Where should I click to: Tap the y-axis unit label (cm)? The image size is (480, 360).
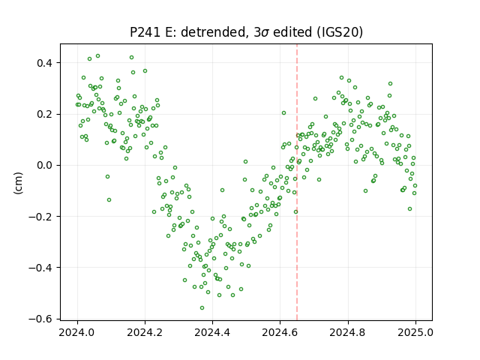(x=18, y=183)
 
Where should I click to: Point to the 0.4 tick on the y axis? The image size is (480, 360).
(x=45, y=63)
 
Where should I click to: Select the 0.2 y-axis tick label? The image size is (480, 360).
(x=45, y=114)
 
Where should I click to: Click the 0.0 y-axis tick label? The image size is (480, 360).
(x=45, y=165)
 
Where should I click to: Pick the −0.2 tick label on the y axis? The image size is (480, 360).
(x=41, y=217)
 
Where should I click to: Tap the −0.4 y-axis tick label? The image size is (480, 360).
(x=41, y=268)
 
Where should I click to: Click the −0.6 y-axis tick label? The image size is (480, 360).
(x=41, y=319)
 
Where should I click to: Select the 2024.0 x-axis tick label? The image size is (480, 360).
(x=77, y=332)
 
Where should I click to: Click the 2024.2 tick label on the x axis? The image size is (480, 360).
(x=145, y=332)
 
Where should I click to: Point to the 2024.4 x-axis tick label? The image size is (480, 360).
(x=212, y=332)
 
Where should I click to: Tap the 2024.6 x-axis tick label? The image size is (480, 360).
(x=280, y=332)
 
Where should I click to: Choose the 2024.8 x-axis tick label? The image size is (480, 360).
(x=347, y=332)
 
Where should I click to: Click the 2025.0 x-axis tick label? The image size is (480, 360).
(x=415, y=332)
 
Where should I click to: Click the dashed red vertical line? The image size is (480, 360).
(x=297, y=182)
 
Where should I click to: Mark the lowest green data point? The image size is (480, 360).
(x=202, y=308)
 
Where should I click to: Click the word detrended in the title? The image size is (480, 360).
(x=214, y=32)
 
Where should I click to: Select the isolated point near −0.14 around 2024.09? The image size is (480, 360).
(x=109, y=200)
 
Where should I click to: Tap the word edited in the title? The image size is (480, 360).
(x=293, y=32)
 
